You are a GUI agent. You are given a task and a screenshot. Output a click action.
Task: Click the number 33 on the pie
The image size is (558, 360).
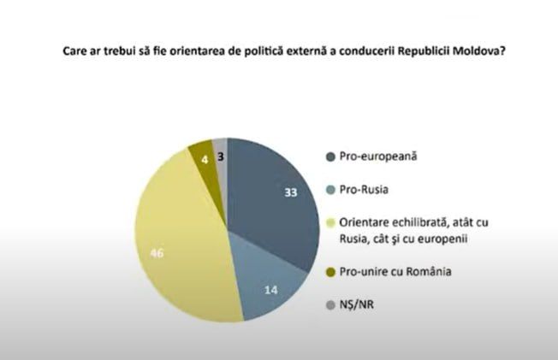coord(290,192)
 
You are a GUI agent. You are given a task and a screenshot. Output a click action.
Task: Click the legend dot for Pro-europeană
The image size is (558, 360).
coord(329,156)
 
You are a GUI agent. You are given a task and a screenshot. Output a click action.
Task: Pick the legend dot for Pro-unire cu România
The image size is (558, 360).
coord(329,273)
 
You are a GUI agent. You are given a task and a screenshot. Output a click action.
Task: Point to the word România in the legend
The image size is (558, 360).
coord(425,273)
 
